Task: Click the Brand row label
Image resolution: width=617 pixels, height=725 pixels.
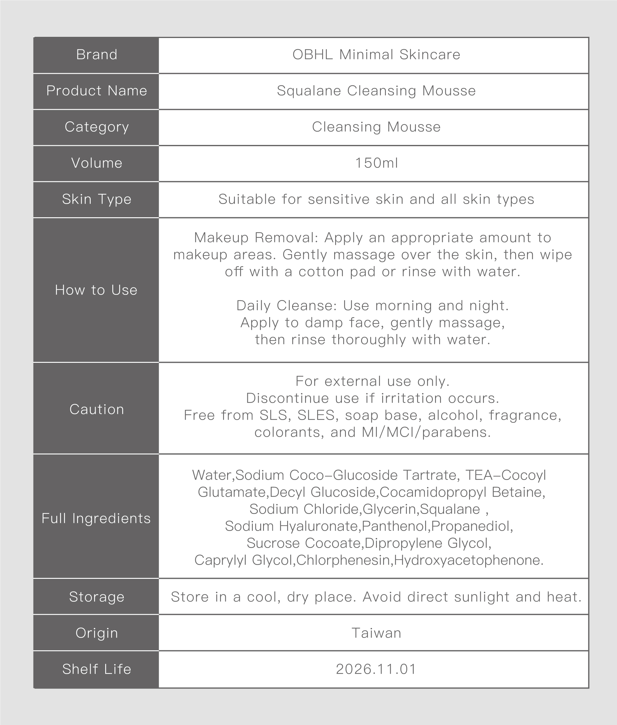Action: (x=97, y=55)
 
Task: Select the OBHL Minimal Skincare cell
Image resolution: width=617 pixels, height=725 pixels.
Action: (x=376, y=55)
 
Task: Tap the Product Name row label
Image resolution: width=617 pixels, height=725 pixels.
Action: (x=97, y=91)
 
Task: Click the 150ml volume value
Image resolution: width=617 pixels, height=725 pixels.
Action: (x=376, y=163)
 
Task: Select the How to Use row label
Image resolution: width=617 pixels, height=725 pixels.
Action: (x=96, y=290)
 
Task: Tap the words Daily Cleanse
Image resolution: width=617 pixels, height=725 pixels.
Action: (x=286, y=306)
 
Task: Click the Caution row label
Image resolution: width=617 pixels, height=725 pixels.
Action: (x=97, y=409)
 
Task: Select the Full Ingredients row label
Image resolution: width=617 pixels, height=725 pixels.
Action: (x=96, y=518)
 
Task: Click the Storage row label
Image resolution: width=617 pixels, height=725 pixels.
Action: (x=97, y=597)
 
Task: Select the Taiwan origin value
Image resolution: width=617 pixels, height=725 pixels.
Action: (x=376, y=633)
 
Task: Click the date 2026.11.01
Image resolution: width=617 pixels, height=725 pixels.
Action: (x=376, y=669)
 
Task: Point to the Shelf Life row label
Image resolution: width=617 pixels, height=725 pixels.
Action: (x=97, y=669)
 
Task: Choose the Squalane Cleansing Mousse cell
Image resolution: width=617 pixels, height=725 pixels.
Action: (x=376, y=91)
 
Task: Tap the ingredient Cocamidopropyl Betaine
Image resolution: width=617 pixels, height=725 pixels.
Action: (x=462, y=492)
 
